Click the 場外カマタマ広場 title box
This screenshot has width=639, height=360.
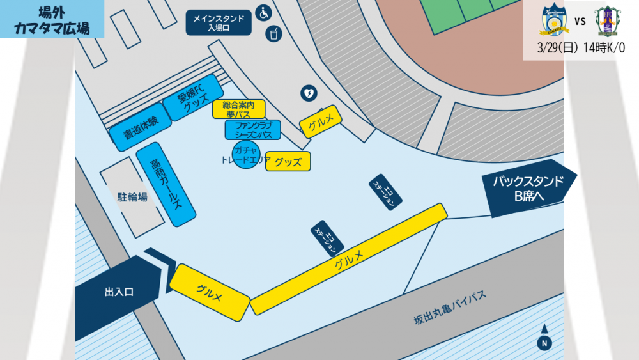[x=52, y=19]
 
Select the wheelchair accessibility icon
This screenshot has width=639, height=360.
[x=263, y=12]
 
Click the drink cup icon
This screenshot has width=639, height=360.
[x=273, y=33]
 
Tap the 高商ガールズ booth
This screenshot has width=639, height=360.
[x=166, y=184]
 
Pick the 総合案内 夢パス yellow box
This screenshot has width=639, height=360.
[x=238, y=109]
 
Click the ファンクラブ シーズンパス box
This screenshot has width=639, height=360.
[x=253, y=130]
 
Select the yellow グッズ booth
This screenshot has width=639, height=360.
[x=288, y=161]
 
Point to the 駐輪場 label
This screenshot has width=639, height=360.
[x=132, y=197]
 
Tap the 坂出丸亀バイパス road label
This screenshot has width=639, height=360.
[x=450, y=308]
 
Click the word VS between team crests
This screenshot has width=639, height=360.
[x=580, y=21]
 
